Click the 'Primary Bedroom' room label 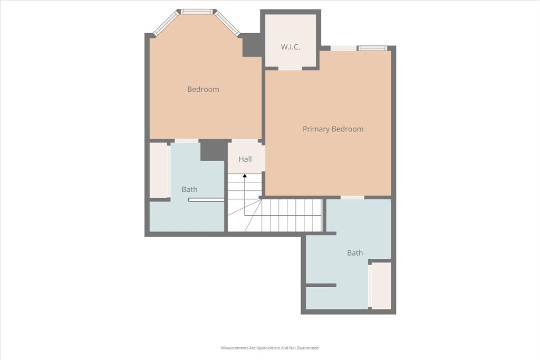coord(333,129)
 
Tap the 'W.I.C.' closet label coord(290,47)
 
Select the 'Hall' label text coord(245,159)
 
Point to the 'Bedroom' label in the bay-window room coord(203,90)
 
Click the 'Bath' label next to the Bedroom coord(189,189)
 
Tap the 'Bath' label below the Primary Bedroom coord(355,253)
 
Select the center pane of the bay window coord(197,11)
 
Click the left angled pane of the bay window coord(166,24)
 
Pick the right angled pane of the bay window coord(228,24)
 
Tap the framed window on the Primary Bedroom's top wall coord(373,48)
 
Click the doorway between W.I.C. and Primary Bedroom coord(290,68)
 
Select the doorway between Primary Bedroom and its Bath coord(352,198)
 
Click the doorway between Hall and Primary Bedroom coord(263,158)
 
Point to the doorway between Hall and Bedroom coord(245,141)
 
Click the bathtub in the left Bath coord(159,170)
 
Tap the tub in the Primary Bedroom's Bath coord(381,285)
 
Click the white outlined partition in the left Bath coord(206,200)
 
